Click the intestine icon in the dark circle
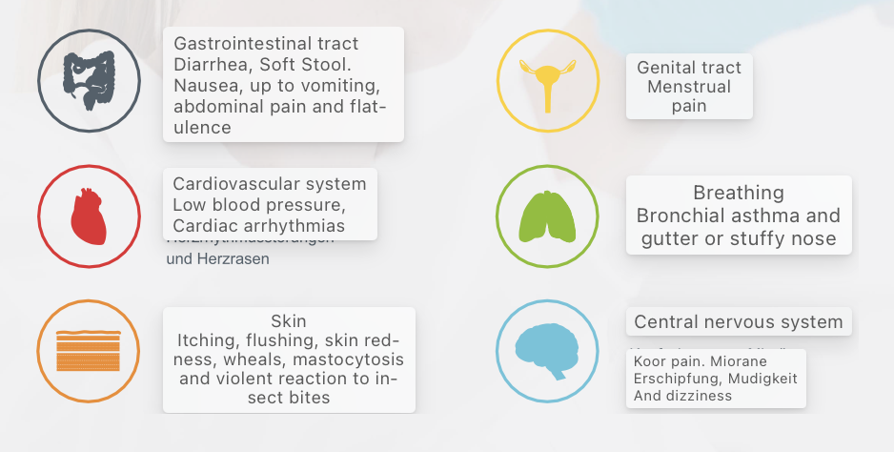tap(89, 80)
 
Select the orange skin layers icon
tap(89, 351)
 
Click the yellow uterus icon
tap(547, 81)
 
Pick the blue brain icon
tap(547, 351)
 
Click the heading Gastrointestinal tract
tap(266, 44)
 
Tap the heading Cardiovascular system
tap(269, 184)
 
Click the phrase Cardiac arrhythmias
tap(258, 226)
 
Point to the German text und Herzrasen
tap(217, 258)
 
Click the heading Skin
tap(288, 321)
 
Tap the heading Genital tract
tap(689, 69)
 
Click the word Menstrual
tap(689, 87)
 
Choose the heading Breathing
tap(738, 194)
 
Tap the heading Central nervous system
tap(738, 322)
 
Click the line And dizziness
tap(682, 396)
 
